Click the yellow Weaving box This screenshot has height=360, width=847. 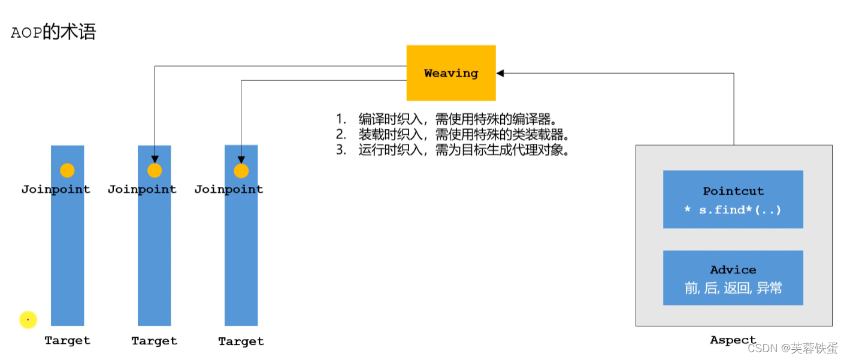(451, 73)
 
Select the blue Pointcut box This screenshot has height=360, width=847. (733, 199)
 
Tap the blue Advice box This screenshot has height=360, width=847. (733, 278)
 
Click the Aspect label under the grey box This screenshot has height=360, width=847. (733, 340)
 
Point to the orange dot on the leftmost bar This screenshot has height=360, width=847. (67, 171)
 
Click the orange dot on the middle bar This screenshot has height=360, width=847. (155, 171)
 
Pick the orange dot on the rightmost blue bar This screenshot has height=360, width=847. (241, 171)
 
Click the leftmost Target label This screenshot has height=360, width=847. (67, 340)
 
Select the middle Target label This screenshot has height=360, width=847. (154, 341)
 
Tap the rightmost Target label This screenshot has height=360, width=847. (241, 341)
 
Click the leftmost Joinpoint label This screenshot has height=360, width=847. (56, 189)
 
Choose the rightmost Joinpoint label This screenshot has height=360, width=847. (229, 189)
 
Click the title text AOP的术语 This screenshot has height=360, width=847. (53, 32)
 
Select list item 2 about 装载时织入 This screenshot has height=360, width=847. (461, 134)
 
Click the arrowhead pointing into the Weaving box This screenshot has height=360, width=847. (500, 73)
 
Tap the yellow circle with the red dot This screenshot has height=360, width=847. (28, 320)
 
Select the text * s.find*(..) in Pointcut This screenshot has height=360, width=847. (733, 210)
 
